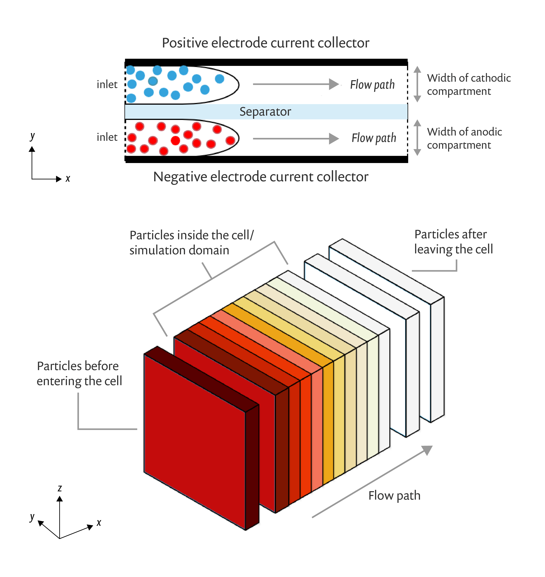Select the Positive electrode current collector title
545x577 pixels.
265,43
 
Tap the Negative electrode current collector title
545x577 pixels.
261,177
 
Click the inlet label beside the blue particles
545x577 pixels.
107,85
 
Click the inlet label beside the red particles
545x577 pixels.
107,137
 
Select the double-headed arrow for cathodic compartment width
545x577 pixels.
417,84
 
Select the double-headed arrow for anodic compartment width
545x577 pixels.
417,138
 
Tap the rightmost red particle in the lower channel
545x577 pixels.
230,141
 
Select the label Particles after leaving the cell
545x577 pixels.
453,242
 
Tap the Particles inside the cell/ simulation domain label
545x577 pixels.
191,243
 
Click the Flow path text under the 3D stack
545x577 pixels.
394,495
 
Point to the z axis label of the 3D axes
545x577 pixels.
60,488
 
